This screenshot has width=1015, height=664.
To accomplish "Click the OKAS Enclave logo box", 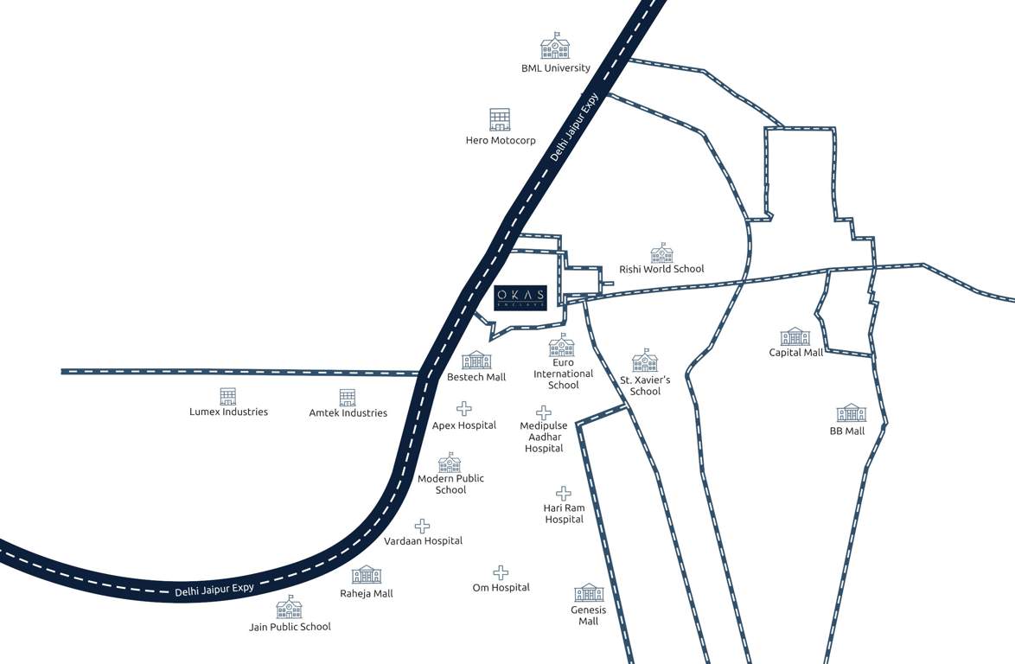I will (x=520, y=297).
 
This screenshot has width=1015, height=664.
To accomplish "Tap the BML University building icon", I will (x=555, y=47).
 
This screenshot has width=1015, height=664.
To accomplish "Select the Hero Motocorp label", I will (x=501, y=140).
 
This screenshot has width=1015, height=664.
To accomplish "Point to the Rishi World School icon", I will (x=661, y=252).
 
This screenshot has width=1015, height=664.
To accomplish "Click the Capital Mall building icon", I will (x=795, y=336).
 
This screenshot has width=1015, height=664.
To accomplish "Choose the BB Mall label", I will (x=847, y=431).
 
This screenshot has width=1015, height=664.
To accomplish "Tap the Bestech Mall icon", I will (x=476, y=360).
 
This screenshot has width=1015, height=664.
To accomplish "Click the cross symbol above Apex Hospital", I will (x=464, y=408).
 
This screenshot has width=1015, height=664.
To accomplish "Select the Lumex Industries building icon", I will (x=227, y=396).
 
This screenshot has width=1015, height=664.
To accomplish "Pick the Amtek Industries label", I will (x=348, y=412).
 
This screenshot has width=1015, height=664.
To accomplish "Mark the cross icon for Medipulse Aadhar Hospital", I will (x=543, y=413).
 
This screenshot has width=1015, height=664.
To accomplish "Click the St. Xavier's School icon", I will (x=645, y=361).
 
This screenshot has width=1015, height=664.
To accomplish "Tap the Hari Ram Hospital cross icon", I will (x=564, y=493).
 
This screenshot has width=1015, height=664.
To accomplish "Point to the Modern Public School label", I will (x=450, y=484).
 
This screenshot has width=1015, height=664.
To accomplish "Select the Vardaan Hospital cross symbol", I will (x=423, y=526).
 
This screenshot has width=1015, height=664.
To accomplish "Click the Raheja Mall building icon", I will (x=366, y=575).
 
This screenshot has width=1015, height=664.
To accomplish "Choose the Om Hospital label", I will (x=501, y=588).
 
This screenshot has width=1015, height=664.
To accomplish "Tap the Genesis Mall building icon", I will (x=589, y=592).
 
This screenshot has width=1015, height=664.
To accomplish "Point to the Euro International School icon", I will (x=562, y=346).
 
